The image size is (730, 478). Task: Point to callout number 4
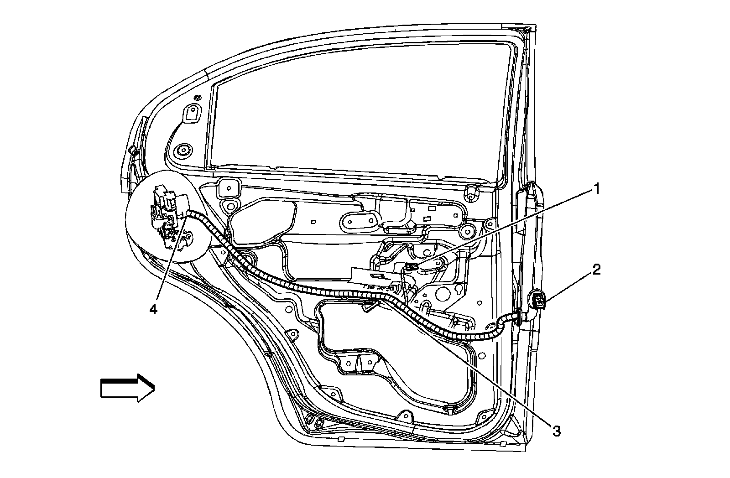coord(153,309)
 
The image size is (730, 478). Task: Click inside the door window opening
coord(356,109)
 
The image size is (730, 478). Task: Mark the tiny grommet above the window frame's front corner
coord(197,98)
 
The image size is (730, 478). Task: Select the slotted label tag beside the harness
coord(372,277)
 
